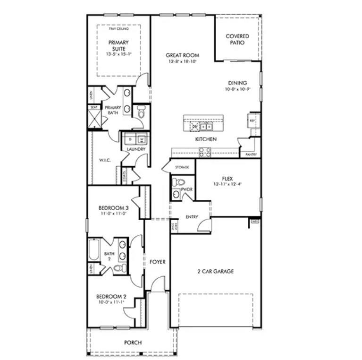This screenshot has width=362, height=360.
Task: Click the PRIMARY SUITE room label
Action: [118, 45]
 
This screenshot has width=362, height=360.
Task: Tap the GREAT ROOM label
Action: [182, 55]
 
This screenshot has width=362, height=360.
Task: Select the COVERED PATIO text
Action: [237, 39]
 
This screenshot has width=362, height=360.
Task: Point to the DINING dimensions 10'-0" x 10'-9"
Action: [237, 89]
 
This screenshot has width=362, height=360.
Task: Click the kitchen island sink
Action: [205, 126]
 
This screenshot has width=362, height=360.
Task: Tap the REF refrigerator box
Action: [253, 121]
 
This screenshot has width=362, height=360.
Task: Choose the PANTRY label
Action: [250, 154]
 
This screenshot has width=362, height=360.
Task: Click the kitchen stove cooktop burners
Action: [205, 152]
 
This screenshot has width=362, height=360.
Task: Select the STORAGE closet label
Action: [182, 167]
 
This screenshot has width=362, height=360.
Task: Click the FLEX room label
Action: [227, 179]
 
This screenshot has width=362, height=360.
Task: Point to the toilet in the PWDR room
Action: [177, 182]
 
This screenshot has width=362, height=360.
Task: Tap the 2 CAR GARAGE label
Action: [215, 271]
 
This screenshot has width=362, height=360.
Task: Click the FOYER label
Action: [157, 262]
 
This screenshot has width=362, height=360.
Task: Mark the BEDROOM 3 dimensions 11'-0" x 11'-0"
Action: [113, 214]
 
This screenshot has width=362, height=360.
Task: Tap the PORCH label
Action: [133, 343]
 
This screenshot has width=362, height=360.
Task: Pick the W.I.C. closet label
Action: [104, 160]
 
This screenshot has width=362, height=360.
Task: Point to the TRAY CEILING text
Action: [118, 29]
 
